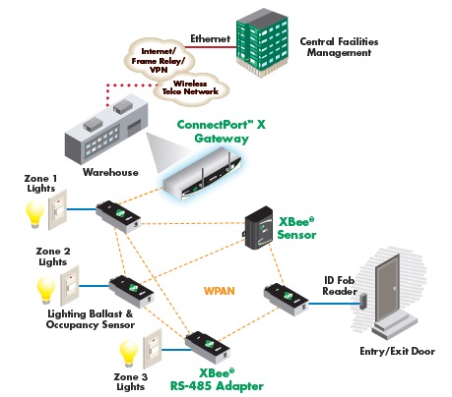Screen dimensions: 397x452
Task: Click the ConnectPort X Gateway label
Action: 221,133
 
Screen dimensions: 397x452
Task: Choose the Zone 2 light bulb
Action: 43,287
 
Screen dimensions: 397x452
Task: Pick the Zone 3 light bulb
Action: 125,351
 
